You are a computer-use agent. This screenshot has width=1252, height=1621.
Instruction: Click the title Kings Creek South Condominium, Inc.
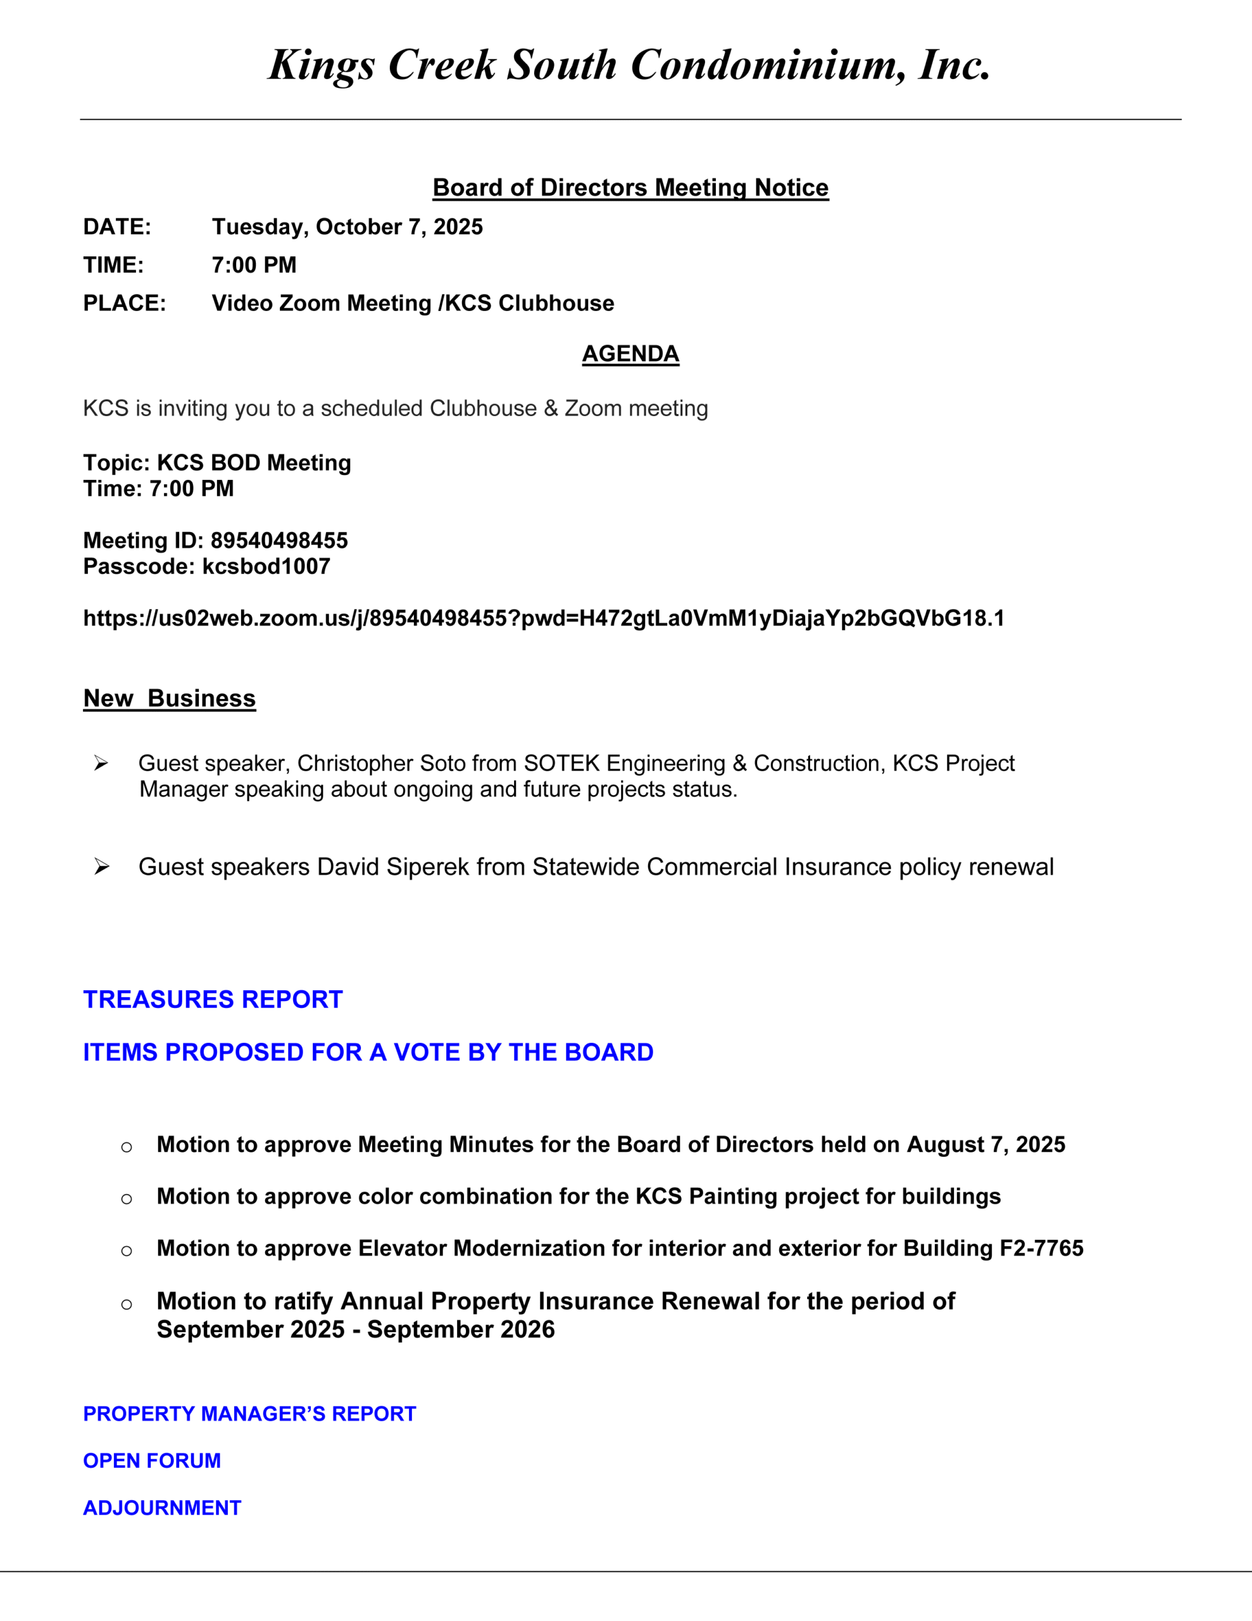tap(629, 65)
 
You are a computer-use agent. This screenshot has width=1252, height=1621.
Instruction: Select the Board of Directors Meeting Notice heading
tap(630, 188)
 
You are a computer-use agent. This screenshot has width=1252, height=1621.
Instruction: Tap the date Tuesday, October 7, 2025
tap(347, 227)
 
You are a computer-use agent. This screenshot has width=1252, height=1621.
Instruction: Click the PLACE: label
tap(125, 303)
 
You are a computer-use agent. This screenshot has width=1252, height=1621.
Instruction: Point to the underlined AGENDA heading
tap(630, 354)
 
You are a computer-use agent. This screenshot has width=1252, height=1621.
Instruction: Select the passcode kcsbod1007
tap(266, 566)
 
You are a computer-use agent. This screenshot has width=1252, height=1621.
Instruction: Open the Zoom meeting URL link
tap(543, 618)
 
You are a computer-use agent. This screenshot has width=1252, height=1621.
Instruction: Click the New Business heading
tap(169, 698)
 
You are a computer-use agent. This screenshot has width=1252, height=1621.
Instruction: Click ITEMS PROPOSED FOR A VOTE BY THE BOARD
tap(368, 1052)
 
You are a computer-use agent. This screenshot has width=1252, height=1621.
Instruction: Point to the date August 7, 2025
tap(986, 1144)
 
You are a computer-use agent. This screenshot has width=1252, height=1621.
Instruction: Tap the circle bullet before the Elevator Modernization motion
tap(127, 1251)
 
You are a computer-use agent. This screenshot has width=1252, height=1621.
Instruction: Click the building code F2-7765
tap(1041, 1249)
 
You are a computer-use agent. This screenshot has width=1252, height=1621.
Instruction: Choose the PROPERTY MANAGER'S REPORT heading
tap(249, 1414)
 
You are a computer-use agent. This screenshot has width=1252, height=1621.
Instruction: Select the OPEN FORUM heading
tap(152, 1461)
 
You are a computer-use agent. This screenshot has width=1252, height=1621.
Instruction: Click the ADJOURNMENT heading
tap(163, 1508)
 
